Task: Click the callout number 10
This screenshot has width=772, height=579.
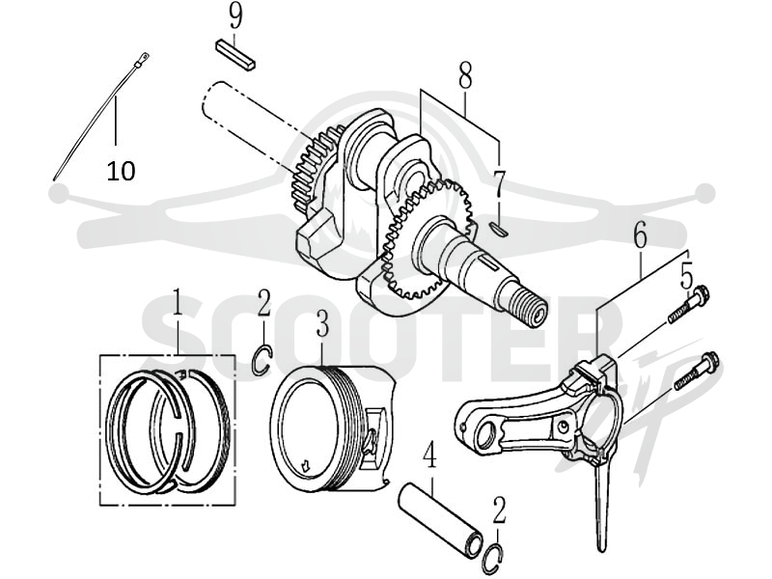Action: [122, 171]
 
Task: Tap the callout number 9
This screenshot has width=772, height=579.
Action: [235, 16]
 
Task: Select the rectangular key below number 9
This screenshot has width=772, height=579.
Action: [235, 56]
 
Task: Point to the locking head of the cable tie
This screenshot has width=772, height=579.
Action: [143, 59]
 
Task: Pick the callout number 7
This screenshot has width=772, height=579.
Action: [499, 183]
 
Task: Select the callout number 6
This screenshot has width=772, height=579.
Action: [640, 236]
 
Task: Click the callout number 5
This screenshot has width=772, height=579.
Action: [686, 275]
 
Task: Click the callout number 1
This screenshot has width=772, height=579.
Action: [177, 302]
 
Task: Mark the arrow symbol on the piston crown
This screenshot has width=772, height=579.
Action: [306, 465]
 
